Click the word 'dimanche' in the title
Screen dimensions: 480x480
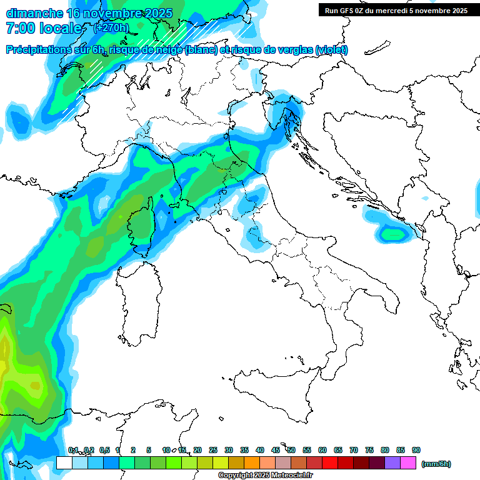coord(34,13)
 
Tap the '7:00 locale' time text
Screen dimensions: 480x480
coord(44,28)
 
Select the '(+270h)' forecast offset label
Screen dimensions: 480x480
coord(111,27)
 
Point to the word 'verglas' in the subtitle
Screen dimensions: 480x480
coord(294,50)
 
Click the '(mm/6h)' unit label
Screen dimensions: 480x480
coord(436,464)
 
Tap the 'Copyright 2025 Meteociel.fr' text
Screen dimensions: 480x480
coord(265,476)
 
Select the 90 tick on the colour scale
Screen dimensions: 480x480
coord(416,450)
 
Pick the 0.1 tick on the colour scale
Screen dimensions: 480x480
coord(73,450)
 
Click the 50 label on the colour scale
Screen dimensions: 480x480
coord(291,450)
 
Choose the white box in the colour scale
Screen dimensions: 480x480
coord(64,463)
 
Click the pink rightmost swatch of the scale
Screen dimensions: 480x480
coord(408,463)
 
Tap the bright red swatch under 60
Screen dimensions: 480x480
coord(329,463)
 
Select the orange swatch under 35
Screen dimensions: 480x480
coord(251,463)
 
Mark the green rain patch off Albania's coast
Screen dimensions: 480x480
coord(394,234)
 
